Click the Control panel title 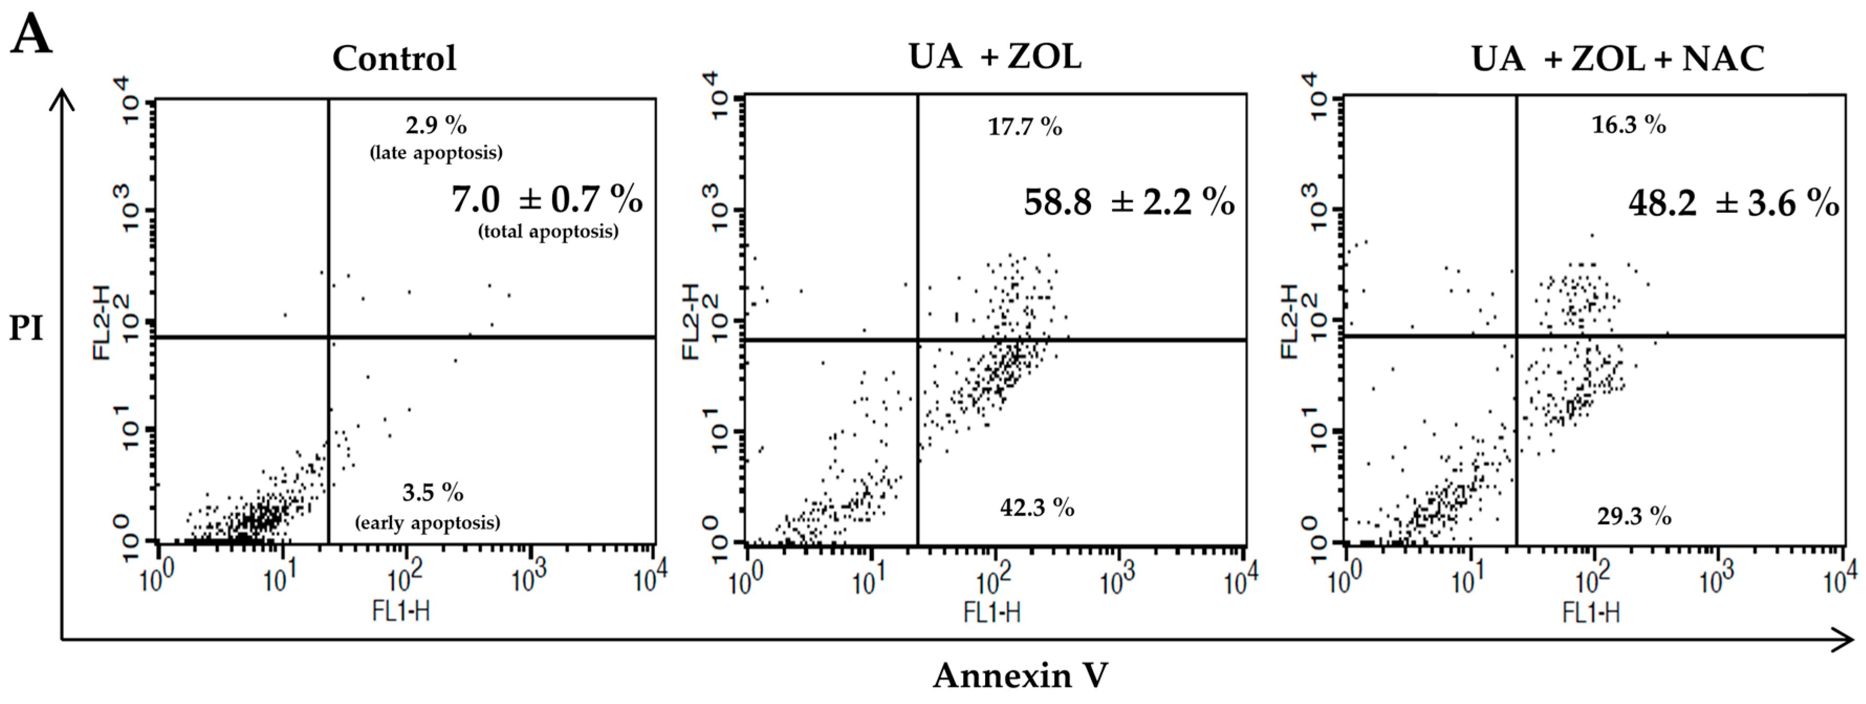pyautogui.click(x=394, y=59)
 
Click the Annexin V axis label pyautogui.click(x=1019, y=675)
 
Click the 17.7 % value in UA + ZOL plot pyautogui.click(x=1024, y=127)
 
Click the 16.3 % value pyautogui.click(x=1628, y=125)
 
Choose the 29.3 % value pyautogui.click(x=1633, y=516)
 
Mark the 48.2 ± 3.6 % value pyautogui.click(x=1733, y=204)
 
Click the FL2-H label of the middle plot pyautogui.click(x=691, y=321)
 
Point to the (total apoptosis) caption pyautogui.click(x=548, y=232)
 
